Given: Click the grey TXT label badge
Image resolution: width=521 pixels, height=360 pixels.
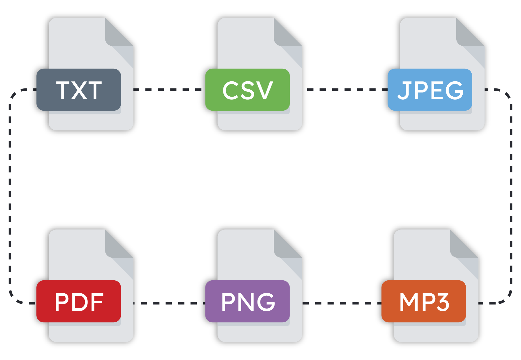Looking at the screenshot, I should (x=79, y=90).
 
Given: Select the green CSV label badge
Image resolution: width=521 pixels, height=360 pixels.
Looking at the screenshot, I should (x=247, y=90).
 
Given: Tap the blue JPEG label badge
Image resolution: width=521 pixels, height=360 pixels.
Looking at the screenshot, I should (x=430, y=90).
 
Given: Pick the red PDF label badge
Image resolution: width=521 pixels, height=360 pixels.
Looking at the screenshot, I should (x=79, y=301).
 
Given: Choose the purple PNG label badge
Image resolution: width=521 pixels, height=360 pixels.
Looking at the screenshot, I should (x=247, y=301).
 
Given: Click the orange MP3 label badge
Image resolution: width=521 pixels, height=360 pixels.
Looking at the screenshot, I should (x=424, y=301).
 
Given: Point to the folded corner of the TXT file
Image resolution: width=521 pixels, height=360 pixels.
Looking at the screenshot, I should (x=117, y=35).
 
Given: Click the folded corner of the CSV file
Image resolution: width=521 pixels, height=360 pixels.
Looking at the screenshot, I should (x=286, y=35).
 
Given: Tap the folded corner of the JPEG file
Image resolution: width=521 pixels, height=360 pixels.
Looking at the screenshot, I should (x=468, y=35).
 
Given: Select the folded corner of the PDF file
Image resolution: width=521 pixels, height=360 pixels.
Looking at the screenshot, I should (x=117, y=247).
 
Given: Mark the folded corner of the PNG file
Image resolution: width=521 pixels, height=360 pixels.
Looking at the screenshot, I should (x=286, y=247).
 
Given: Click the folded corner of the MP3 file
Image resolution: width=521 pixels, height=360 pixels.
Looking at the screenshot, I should (x=462, y=247).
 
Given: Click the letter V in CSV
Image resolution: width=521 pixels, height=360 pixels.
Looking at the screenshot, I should (x=266, y=90).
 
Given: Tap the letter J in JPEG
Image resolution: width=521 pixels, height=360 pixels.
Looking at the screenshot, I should (x=404, y=91).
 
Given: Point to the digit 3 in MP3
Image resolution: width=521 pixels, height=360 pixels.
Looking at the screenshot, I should (x=443, y=302).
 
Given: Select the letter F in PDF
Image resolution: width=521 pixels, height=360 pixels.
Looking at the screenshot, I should (x=97, y=302).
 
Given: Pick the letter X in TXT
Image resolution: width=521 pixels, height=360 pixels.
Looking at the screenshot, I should (x=79, y=90).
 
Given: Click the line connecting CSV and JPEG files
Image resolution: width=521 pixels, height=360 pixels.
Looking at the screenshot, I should (x=344, y=90).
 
